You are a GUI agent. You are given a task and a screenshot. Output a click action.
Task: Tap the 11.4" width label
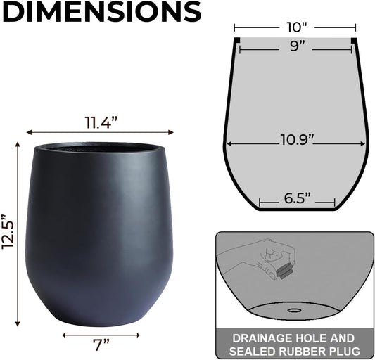coord(100,122)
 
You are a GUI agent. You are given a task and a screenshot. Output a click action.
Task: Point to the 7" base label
coord(101,345)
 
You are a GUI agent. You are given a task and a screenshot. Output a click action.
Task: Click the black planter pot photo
coord(98,232)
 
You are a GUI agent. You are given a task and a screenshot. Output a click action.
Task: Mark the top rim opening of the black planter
coord(98,148)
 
